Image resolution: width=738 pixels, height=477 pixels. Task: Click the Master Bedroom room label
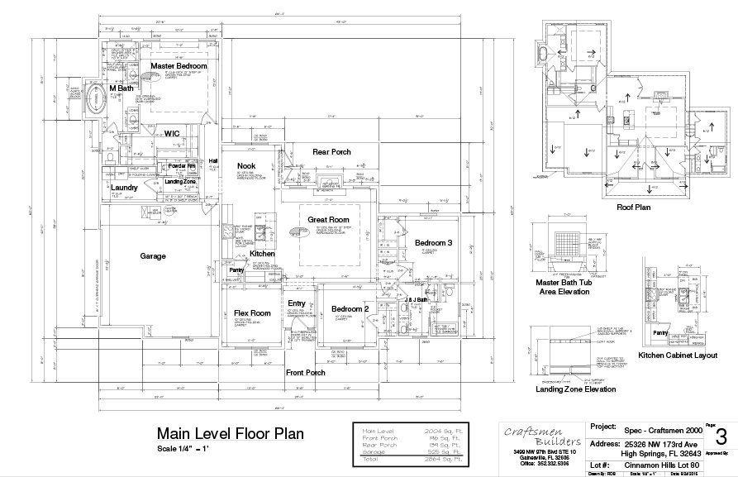point(179,65)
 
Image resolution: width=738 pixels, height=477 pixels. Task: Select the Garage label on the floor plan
point(153,256)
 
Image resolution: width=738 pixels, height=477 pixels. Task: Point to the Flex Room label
point(252,313)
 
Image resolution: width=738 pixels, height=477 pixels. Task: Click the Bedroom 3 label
point(434,242)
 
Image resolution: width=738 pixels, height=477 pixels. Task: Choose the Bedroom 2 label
point(350,308)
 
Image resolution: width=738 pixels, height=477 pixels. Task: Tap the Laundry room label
point(124,188)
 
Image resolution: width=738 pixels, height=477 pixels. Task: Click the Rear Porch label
point(331,152)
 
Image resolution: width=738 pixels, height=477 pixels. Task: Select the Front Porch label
point(305,373)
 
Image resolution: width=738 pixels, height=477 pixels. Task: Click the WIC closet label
point(172,132)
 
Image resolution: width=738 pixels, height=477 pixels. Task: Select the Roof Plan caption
point(633,207)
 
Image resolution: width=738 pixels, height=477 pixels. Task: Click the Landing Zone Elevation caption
point(564,389)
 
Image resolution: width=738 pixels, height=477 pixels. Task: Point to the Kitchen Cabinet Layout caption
point(677,355)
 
